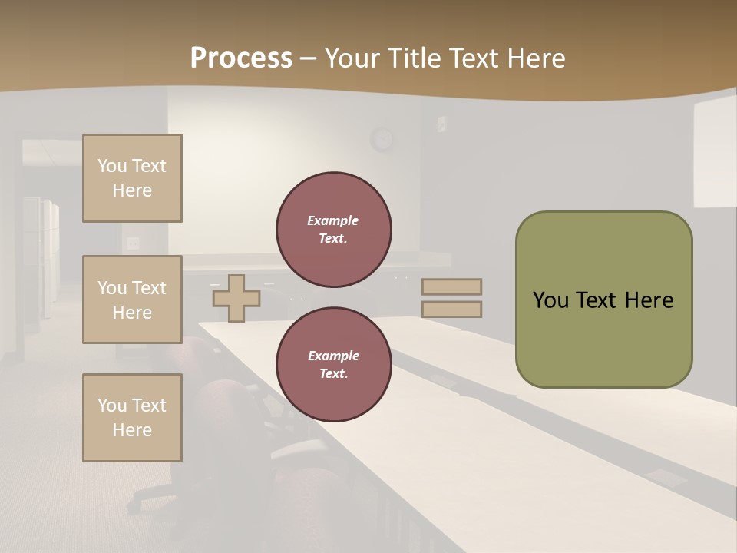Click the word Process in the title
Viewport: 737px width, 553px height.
point(241,58)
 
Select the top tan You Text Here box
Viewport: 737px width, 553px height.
point(132,178)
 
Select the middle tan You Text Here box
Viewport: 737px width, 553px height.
point(132,300)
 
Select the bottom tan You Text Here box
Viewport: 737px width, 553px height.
point(132,418)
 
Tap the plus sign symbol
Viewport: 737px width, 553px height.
point(236,298)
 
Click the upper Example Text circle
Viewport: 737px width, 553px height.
point(334,230)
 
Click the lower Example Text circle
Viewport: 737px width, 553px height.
point(334,365)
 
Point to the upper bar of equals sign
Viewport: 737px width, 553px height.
point(451,286)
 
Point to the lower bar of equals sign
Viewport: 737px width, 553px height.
point(451,310)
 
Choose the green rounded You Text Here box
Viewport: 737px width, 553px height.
point(603,300)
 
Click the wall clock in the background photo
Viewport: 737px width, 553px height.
point(382,139)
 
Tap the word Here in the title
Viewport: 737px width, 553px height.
point(536,58)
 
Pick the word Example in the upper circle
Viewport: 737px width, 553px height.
point(333,220)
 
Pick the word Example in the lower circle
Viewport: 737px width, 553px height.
point(333,356)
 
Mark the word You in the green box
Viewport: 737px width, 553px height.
point(550,300)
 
